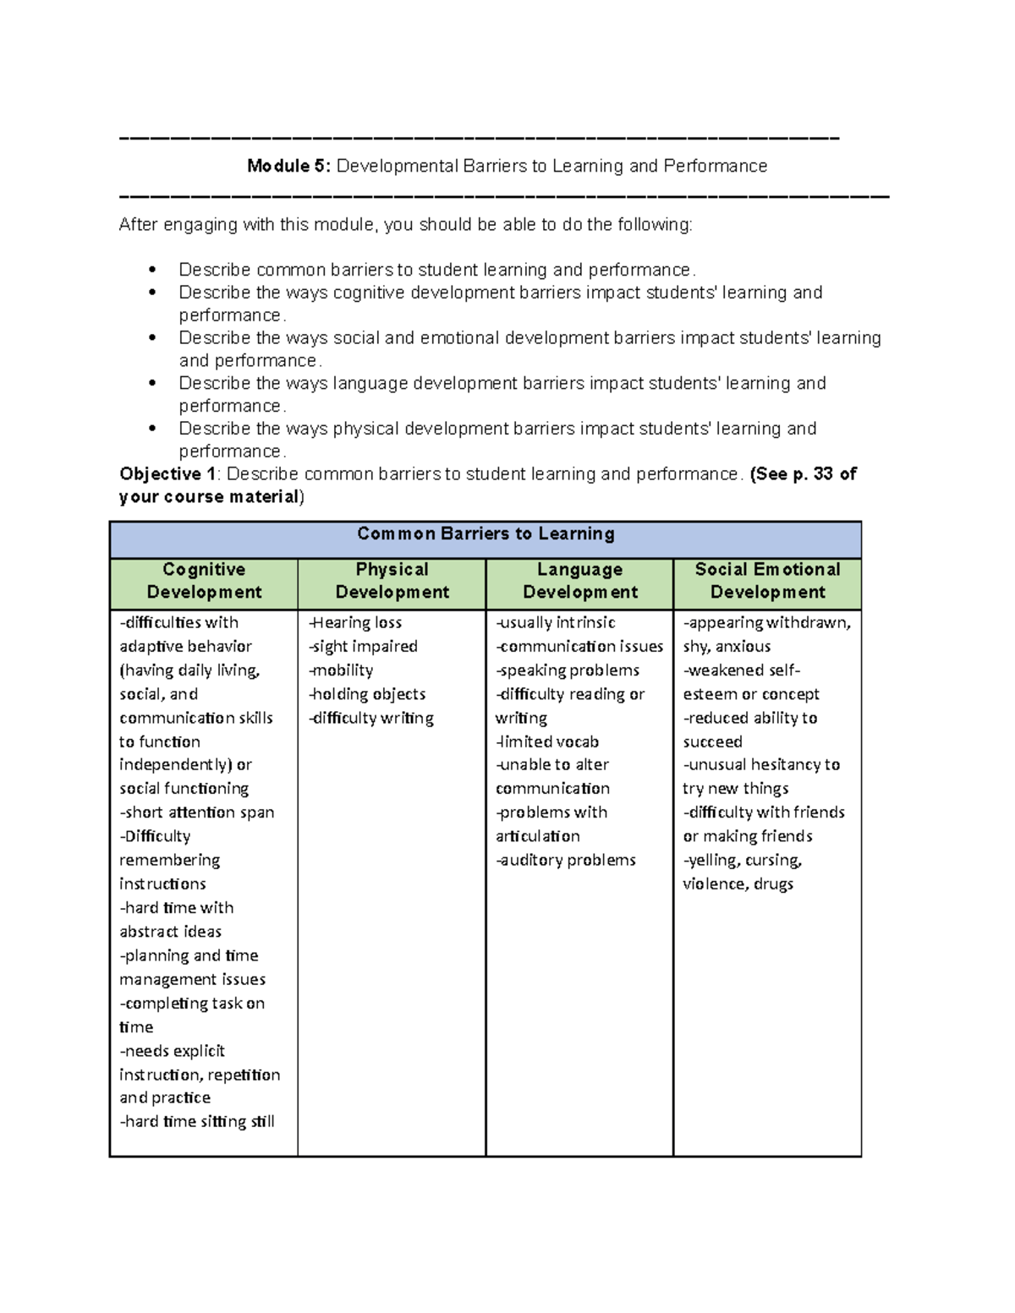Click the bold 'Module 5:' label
pyautogui.click(x=289, y=167)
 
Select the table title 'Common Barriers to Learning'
pyautogui.click(x=486, y=534)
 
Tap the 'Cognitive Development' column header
pyautogui.click(x=204, y=581)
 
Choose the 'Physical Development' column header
pyautogui.click(x=392, y=581)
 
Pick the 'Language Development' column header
pyautogui.click(x=579, y=581)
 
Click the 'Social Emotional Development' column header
pyautogui.click(x=767, y=581)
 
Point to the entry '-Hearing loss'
pyautogui.click(x=355, y=623)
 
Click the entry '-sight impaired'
pyautogui.click(x=363, y=647)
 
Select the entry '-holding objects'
pyautogui.click(x=367, y=694)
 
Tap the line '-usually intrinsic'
pyautogui.click(x=556, y=623)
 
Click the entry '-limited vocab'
pyautogui.click(x=547, y=741)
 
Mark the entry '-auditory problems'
pyautogui.click(x=566, y=860)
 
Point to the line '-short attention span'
pyautogui.click(x=197, y=812)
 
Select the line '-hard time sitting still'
pyautogui.click(x=197, y=1122)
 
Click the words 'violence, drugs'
pyautogui.click(x=738, y=884)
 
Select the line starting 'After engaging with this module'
pyautogui.click(x=405, y=225)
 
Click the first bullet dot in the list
pyautogui.click(x=152, y=271)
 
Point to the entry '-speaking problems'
pyautogui.click(x=568, y=670)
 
